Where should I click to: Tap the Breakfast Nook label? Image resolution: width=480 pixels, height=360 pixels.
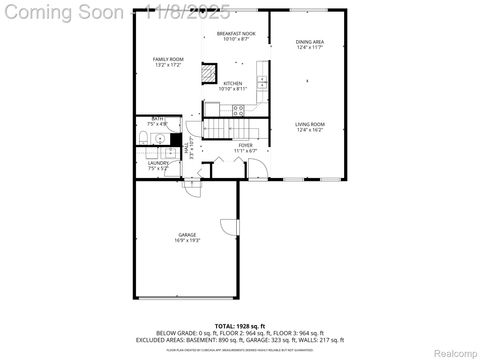pos(236,37)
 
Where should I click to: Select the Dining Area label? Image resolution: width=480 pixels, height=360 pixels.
pos(310,44)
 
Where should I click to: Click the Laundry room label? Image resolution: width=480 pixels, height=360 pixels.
pos(158,166)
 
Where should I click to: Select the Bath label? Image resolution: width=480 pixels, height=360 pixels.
pos(158,121)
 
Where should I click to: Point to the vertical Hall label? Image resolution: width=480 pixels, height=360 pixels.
pos(189,149)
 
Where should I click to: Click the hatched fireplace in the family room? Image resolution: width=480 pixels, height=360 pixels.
pos(208,74)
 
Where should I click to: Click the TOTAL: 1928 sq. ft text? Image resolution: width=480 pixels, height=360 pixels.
pos(239,326)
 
